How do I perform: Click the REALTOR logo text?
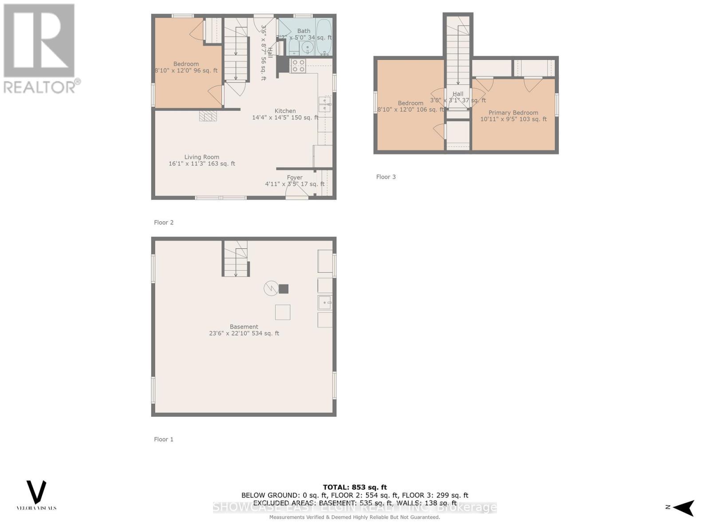pyautogui.click(x=42, y=86)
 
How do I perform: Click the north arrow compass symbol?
pyautogui.click(x=684, y=507)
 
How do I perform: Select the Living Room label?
pyautogui.click(x=201, y=157)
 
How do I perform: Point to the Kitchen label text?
pyautogui.click(x=285, y=111)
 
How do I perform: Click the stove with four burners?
pyautogui.click(x=298, y=66)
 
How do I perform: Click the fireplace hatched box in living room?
pyautogui.click(x=208, y=116)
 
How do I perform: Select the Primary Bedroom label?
pyautogui.click(x=513, y=113)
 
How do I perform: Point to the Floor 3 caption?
pyautogui.click(x=386, y=177)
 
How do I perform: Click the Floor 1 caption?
pyautogui.click(x=163, y=439)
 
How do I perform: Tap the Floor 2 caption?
pyautogui.click(x=163, y=223)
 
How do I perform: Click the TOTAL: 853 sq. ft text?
pyautogui.click(x=355, y=487)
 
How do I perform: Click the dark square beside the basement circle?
pyautogui.click(x=284, y=289)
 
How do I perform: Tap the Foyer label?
pyautogui.click(x=295, y=177)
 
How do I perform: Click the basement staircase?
pyautogui.click(x=235, y=259)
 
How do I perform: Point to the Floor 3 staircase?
pyautogui.click(x=458, y=53)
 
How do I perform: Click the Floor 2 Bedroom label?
pyautogui.click(x=186, y=64)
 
